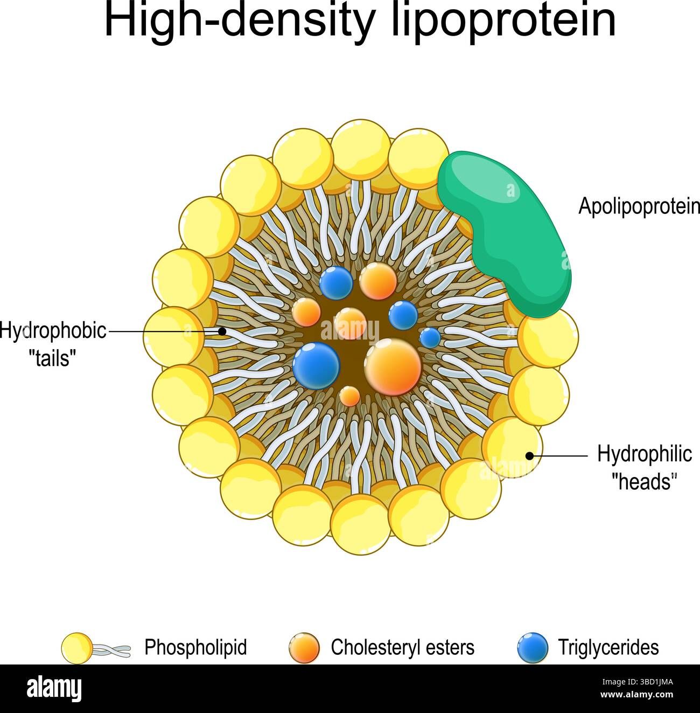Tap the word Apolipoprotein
point(639,206)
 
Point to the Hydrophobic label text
point(53,331)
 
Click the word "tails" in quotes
point(52,357)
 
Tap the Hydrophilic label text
point(644,454)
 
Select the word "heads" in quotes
point(644,481)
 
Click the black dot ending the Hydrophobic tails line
point(222,331)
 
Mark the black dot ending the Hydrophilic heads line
point(529,456)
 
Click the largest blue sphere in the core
point(316,365)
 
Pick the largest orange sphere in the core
point(393,366)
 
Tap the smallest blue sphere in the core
point(430,338)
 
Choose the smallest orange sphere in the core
point(350,396)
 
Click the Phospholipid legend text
point(195,647)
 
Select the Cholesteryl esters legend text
point(402,647)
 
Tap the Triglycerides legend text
point(608,647)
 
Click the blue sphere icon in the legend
point(532,648)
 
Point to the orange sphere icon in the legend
point(304,648)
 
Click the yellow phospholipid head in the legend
point(77,648)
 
